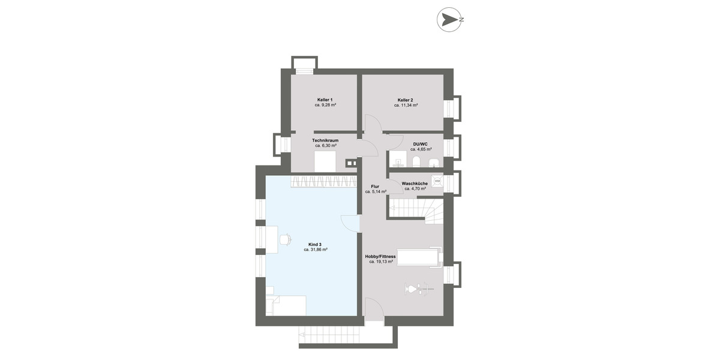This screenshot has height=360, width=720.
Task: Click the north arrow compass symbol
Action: coord(448,19)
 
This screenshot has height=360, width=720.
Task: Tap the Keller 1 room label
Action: coord(325,100)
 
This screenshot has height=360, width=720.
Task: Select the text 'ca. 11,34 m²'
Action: coord(406,105)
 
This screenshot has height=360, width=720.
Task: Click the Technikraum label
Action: coord(325,140)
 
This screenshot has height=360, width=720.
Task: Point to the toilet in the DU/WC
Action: coord(415,160)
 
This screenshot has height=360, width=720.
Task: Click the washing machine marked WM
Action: coord(437,180)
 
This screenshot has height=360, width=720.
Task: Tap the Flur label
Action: coord(375,187)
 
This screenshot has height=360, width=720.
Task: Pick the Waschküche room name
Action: coord(415,183)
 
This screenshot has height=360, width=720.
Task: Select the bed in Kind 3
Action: coord(287,305)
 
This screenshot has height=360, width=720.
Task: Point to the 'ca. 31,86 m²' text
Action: coord(316,250)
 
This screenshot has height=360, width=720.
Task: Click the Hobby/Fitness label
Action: coord(381,256)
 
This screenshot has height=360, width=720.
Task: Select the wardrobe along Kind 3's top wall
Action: coord(325,182)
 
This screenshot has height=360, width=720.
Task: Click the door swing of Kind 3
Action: coord(350,222)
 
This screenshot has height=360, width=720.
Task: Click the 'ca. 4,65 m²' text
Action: coord(421,149)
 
